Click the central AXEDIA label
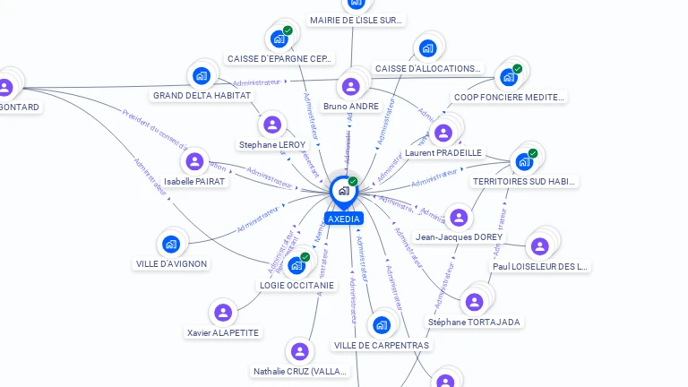[x=344, y=219]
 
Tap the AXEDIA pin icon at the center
[x=343, y=190]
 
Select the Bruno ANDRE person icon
[x=350, y=86]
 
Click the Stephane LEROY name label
[x=272, y=144]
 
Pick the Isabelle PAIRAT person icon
[x=193, y=161]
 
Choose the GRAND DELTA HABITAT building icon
[x=201, y=75]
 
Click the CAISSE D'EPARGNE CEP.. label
[x=279, y=59]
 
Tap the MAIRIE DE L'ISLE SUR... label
[x=357, y=20]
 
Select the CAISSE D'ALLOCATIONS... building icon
[x=427, y=48]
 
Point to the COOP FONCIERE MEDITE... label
[x=509, y=97]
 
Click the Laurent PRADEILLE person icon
[x=442, y=133]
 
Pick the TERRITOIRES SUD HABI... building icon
[x=523, y=162]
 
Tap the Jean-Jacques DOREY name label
[x=459, y=237]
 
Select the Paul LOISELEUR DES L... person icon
[x=539, y=246]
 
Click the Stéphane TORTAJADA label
[x=474, y=322]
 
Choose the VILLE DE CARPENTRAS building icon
[x=382, y=324]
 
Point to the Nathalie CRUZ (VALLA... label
[x=299, y=371]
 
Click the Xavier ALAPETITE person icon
[x=222, y=313]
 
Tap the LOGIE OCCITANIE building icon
[x=296, y=265]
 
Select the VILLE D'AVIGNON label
[x=172, y=264]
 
